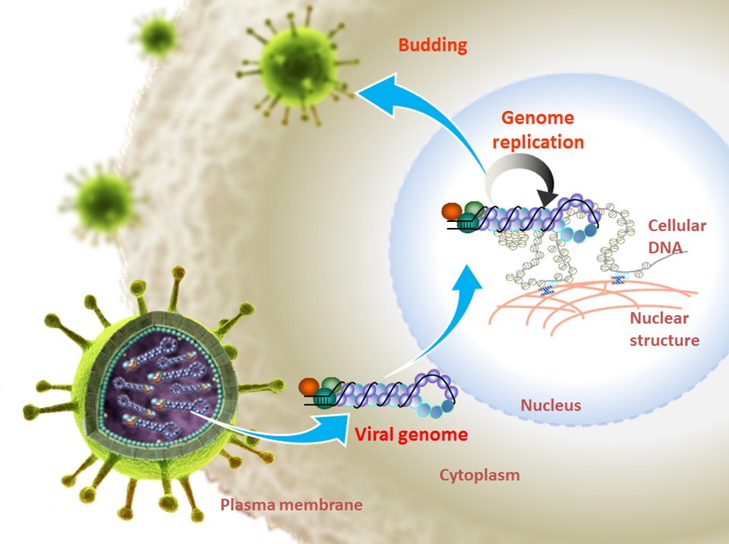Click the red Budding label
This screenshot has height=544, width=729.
[432, 45]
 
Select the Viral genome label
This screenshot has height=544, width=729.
[411, 435]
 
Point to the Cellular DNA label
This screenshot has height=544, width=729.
[677, 236]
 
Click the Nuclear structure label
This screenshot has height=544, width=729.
[664, 328]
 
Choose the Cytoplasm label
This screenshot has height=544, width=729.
[480, 476]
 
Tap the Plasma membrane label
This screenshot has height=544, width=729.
[291, 504]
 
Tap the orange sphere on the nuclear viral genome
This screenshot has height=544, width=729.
[452, 210]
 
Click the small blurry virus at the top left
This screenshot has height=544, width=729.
[159, 34]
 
